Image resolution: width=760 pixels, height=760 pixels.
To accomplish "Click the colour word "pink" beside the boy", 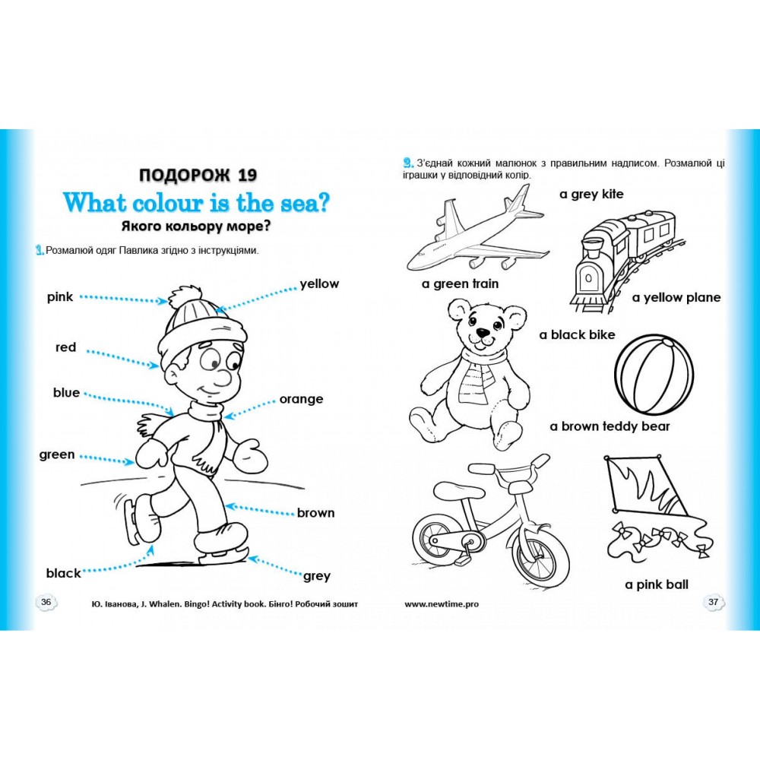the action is point(59,296).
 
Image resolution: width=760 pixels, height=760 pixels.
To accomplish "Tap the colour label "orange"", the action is point(301,400).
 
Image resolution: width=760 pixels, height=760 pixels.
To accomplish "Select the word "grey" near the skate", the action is point(317,576).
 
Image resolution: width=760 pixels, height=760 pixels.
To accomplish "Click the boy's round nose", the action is point(223,377).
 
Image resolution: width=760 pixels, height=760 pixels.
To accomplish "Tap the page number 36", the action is point(46,602).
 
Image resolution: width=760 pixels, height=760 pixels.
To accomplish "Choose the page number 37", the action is point(713,602).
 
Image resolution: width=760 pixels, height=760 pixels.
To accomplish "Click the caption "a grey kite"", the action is point(591,195).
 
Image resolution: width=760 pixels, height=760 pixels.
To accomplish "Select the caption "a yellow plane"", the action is point(676,298).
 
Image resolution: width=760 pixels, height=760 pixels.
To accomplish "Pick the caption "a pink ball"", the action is point(657,584).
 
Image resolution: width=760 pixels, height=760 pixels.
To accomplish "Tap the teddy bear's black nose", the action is point(483,334).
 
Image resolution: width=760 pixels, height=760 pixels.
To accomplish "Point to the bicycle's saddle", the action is point(485,468).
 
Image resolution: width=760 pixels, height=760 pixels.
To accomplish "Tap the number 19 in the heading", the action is point(247,175).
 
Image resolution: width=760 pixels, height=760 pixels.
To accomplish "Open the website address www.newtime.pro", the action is point(442,604).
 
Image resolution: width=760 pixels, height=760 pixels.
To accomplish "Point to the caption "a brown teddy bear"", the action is point(610,426).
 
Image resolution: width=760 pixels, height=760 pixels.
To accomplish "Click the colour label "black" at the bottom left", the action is point(64,573).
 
